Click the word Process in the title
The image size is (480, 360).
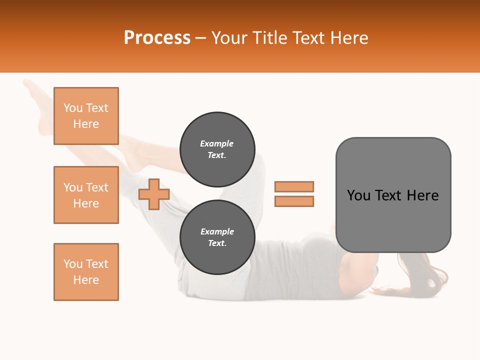click(x=157, y=38)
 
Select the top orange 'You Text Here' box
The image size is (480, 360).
click(x=86, y=116)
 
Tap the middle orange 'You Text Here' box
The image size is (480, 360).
click(x=86, y=195)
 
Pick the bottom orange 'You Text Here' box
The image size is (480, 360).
click(x=86, y=272)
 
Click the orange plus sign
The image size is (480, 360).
click(x=154, y=194)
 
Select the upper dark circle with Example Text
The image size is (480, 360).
click(x=217, y=149)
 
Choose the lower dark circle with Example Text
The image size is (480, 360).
click(x=217, y=237)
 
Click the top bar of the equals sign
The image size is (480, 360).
click(x=294, y=186)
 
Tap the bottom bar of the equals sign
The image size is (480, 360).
click(x=294, y=201)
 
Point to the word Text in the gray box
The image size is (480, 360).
click(x=388, y=195)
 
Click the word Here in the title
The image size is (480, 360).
click(x=350, y=38)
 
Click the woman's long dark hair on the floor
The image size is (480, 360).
click(x=420, y=280)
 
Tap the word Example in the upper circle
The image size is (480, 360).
click(x=217, y=143)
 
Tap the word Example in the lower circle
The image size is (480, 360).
click(x=217, y=231)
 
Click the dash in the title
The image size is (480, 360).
click(x=200, y=38)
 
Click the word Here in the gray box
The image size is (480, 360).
click(x=422, y=195)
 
